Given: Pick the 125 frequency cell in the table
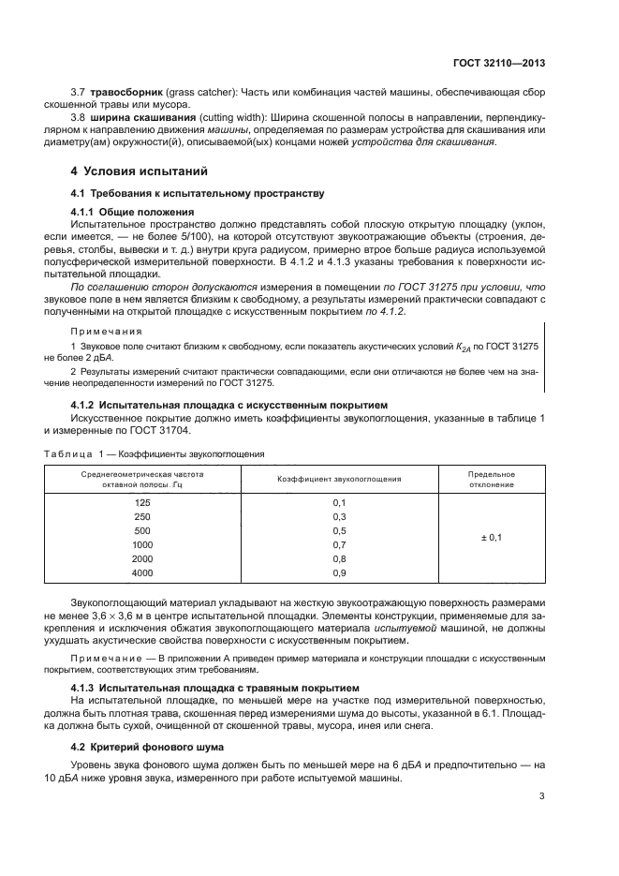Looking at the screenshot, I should (x=142, y=503).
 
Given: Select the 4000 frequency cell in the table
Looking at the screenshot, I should (x=142, y=572).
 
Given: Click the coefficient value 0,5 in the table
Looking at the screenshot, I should (x=340, y=530).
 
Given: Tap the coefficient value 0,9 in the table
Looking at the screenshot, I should (x=340, y=572).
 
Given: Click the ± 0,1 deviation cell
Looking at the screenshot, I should (x=491, y=538).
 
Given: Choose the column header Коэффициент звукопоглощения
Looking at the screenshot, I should (x=340, y=479).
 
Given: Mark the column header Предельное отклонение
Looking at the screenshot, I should (x=491, y=480).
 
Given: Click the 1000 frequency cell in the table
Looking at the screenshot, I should (x=142, y=544).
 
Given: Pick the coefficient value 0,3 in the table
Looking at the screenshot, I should (x=340, y=517).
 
